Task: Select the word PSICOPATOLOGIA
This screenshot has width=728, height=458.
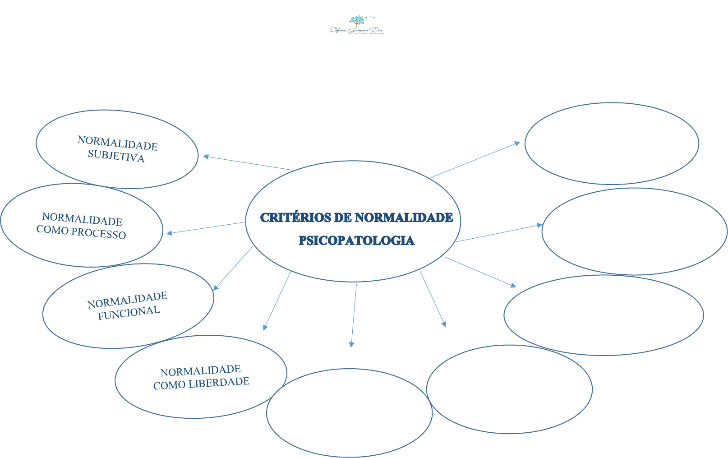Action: (356, 241)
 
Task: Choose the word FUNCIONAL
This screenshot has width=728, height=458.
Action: (129, 313)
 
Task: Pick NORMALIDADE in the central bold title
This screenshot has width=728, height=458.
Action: (404, 217)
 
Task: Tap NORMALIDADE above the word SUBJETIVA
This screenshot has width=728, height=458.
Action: (118, 143)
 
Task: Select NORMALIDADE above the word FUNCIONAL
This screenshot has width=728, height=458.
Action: (127, 300)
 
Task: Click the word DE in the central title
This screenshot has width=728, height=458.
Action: (343, 217)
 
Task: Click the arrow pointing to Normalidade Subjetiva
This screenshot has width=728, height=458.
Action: (248, 163)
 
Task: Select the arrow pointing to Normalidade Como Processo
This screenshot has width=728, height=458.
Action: (205, 228)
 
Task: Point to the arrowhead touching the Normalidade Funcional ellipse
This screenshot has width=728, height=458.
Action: (216, 287)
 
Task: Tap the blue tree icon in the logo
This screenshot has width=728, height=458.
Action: (357, 21)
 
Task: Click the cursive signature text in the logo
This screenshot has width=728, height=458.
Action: (356, 30)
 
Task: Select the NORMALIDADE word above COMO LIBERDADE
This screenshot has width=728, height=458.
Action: (200, 371)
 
